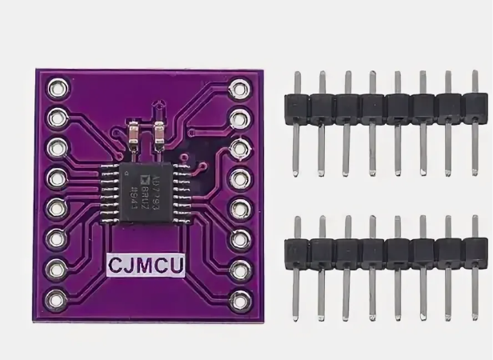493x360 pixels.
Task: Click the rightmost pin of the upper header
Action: pos(473,104)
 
